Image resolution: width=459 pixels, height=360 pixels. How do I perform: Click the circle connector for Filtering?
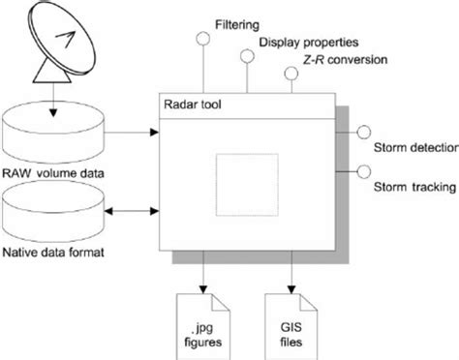pyautogui.click(x=202, y=40)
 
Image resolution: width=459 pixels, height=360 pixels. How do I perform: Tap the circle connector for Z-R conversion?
pyautogui.click(x=289, y=75)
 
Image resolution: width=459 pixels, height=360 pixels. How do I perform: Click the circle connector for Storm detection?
pyautogui.click(x=364, y=133)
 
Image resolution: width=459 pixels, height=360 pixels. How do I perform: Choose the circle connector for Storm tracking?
pyautogui.click(x=364, y=173)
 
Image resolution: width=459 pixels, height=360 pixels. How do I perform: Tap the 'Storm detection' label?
pyautogui.click(x=411, y=151)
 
